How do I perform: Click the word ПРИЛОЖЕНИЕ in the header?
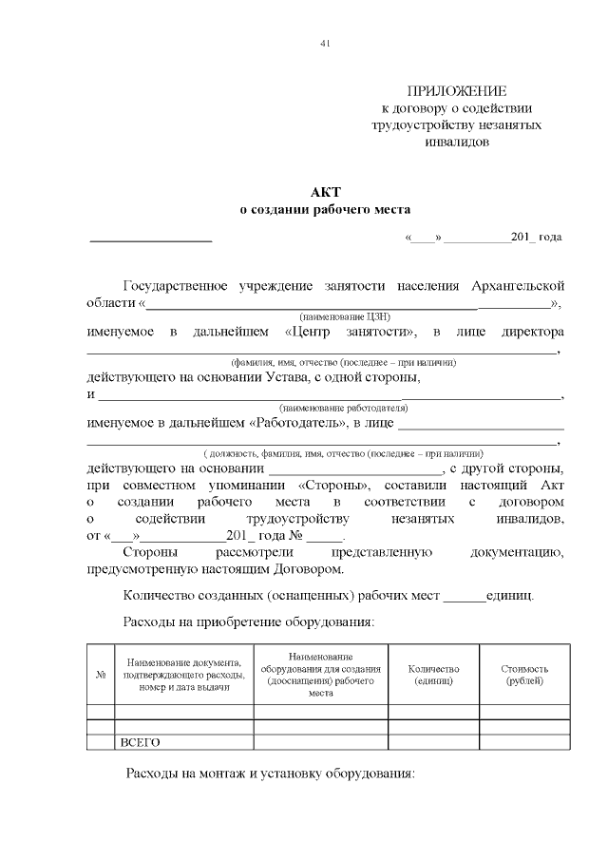tap(457, 91)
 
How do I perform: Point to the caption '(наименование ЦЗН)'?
tap(345, 315)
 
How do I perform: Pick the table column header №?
tap(101, 675)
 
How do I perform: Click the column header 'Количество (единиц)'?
tap(433, 675)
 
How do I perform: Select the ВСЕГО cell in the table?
tap(139, 742)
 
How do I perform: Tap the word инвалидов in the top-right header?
tap(457, 142)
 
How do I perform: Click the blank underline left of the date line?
tap(150, 238)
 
